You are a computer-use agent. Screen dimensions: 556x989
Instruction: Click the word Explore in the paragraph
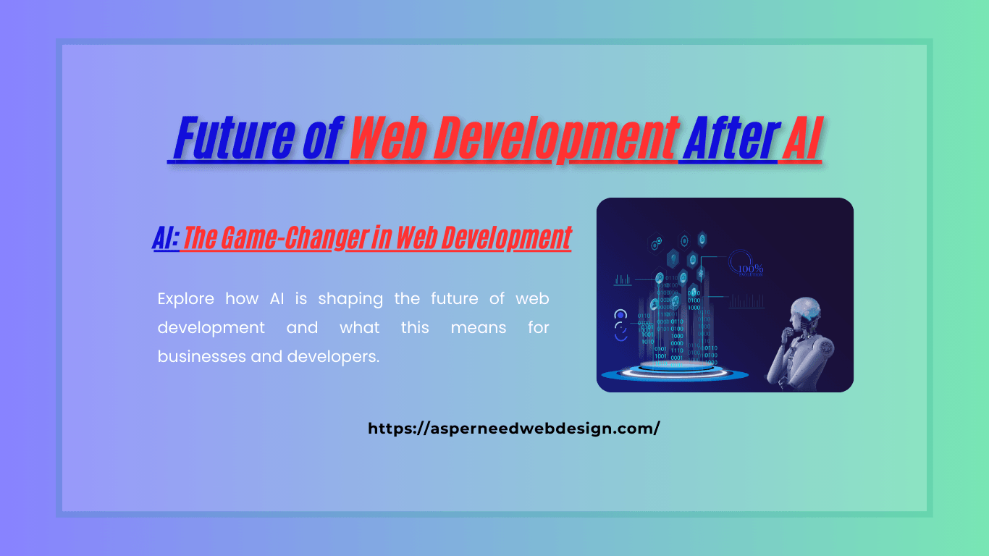pos(186,298)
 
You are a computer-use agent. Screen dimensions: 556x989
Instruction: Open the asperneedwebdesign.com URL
pos(514,428)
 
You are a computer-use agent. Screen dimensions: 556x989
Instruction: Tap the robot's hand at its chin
pos(791,335)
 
